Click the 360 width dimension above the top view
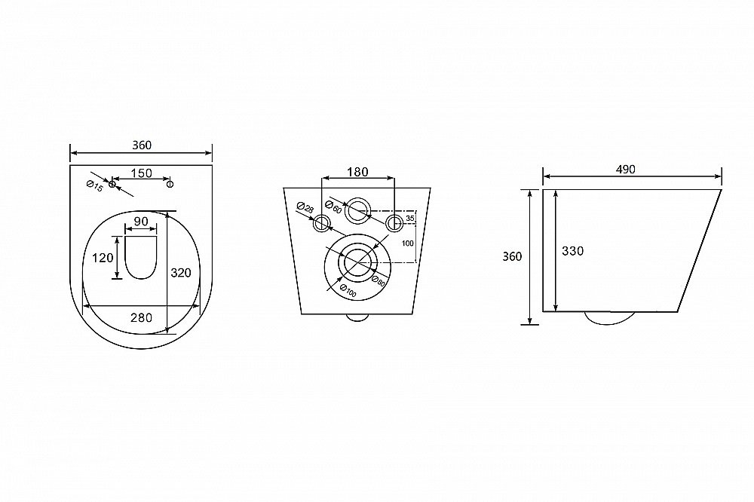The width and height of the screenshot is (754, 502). coord(142,145)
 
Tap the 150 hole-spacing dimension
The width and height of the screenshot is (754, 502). coord(142,173)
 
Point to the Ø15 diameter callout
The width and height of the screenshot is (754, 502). coord(95,185)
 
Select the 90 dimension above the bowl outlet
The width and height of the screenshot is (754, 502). coord(141,222)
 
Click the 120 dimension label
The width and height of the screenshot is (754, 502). coord(103,258)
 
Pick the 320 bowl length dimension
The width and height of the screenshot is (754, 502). coord(181,273)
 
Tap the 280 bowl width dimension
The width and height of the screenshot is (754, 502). coord(142,317)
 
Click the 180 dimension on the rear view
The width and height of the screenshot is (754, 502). coord(357,172)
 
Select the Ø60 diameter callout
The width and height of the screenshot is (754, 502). coord(333,206)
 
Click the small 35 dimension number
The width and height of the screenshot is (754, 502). coord(409,219)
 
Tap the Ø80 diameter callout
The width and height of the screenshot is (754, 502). coord(379,280)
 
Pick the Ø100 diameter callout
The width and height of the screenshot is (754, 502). coord(348,291)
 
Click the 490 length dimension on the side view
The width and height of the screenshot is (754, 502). coord(625,170)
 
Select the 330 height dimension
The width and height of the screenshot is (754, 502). coord(573,250)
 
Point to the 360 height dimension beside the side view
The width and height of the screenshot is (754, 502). coord(512,257)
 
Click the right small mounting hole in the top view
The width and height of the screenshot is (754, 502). coord(170,183)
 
